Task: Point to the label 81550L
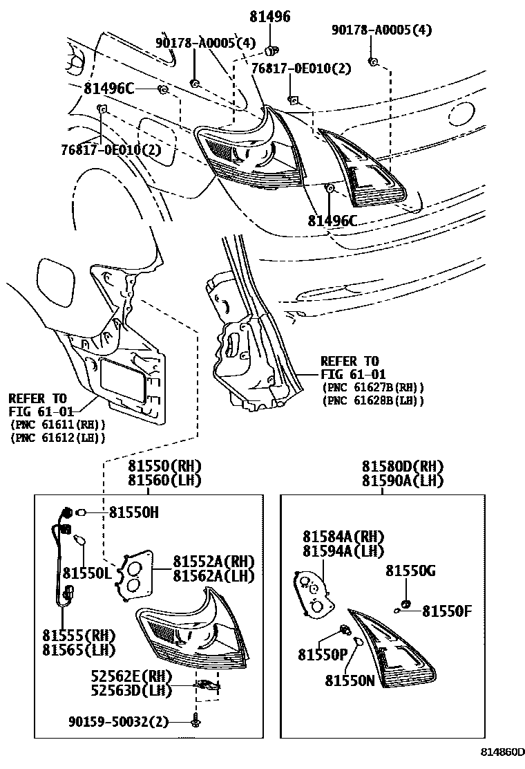[x=87, y=573]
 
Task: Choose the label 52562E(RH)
[x=131, y=676]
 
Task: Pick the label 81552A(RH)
[x=213, y=561]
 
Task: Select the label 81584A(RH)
[x=343, y=537]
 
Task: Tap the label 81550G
[x=410, y=571]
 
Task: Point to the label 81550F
[x=447, y=610]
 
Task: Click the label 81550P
[x=323, y=654]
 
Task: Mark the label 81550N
[x=350, y=680]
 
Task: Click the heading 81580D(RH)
[x=403, y=467]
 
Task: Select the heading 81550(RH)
[x=164, y=467]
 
